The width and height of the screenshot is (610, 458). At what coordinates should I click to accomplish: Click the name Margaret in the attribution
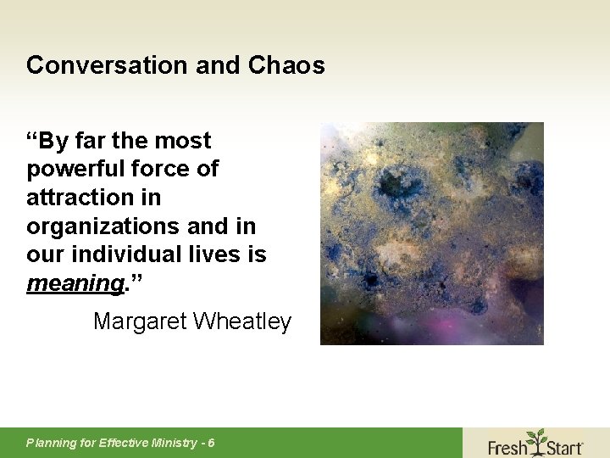[x=140, y=321]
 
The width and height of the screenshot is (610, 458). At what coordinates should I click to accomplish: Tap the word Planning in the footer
[x=50, y=443]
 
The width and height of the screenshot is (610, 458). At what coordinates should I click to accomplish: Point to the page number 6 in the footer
[x=211, y=443]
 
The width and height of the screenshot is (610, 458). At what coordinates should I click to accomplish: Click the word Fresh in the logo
[x=507, y=446]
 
